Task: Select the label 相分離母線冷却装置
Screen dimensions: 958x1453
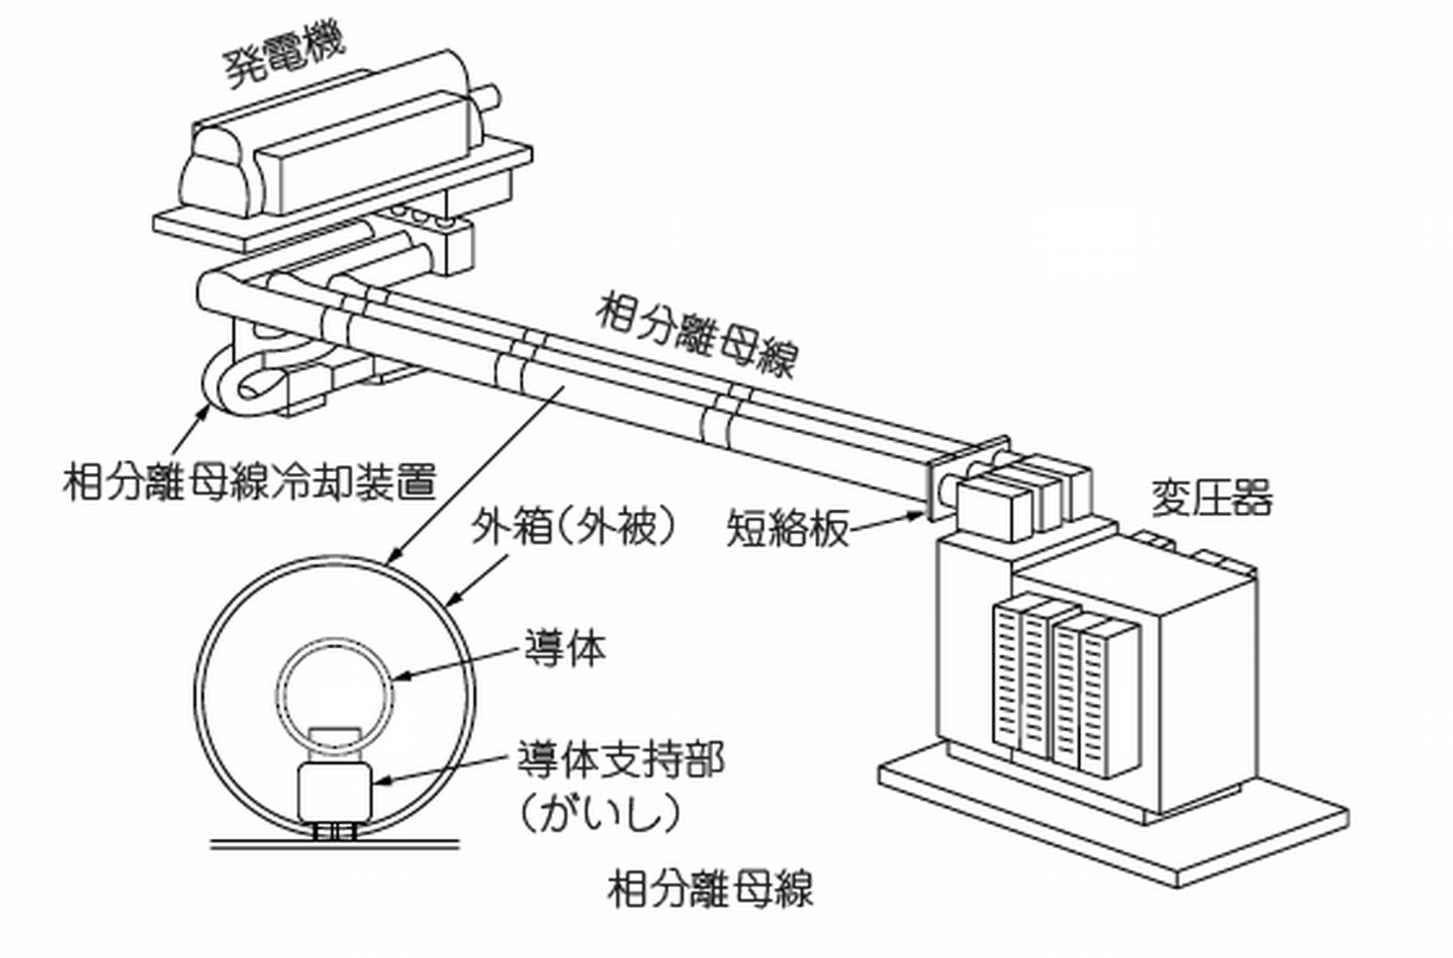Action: (x=250, y=482)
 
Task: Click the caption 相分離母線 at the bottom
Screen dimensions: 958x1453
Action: (x=710, y=890)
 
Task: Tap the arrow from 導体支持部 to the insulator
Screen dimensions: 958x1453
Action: (x=440, y=771)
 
